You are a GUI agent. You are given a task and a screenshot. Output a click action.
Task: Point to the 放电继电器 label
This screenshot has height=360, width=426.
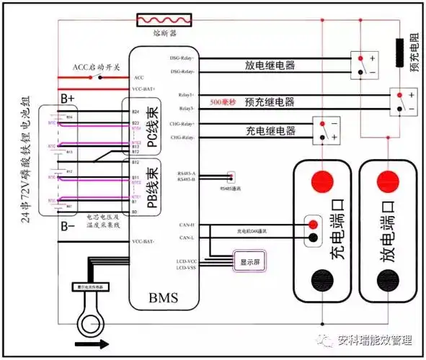(x=270, y=65)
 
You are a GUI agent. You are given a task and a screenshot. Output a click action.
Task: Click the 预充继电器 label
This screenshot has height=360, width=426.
(x=270, y=101)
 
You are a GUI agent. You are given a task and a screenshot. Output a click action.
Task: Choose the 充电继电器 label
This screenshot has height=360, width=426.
(x=270, y=131)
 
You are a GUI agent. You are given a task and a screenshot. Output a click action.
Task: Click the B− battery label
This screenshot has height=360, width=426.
(x=68, y=225)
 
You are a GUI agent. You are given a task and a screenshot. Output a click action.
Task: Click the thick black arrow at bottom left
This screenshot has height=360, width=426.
(x=88, y=344)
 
